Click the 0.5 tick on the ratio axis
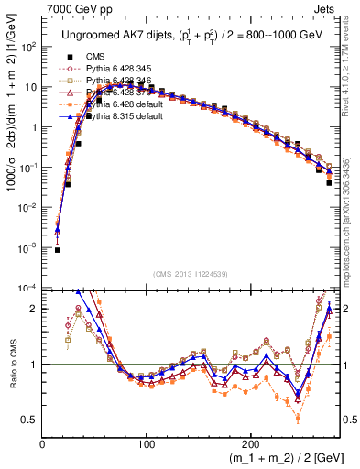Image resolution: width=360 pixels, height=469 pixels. pos(30,420)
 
